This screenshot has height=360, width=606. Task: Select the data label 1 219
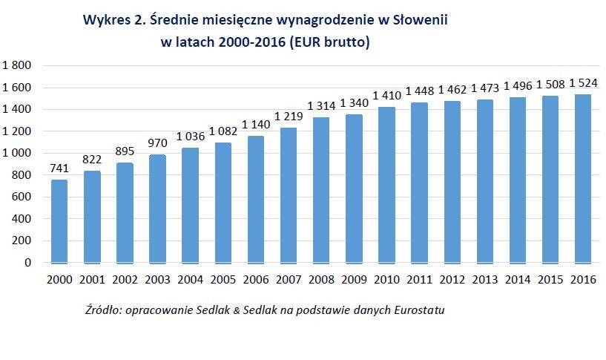click(288, 117)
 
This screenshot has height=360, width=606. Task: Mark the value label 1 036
click(190, 136)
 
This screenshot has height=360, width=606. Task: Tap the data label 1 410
click(386, 96)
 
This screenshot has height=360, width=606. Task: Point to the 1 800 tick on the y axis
click(17, 66)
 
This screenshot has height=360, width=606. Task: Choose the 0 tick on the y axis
click(28, 263)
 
